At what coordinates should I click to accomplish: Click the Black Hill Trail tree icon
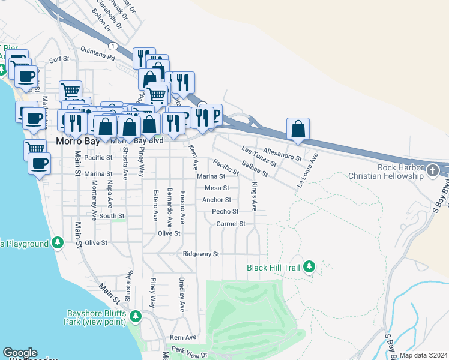tap(309, 266)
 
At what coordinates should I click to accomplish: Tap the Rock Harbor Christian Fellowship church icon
tap(432, 172)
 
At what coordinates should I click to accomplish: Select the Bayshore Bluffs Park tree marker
tap(135, 316)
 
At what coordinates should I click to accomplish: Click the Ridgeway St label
tap(201, 254)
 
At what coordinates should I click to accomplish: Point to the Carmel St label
tap(231, 223)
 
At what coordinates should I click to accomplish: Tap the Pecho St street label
tap(225, 211)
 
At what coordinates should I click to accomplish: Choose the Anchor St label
tap(217, 200)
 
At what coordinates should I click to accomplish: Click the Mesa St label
tap(217, 188)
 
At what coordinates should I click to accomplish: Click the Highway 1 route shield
tap(112, 46)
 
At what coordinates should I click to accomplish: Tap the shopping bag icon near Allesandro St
tap(298, 128)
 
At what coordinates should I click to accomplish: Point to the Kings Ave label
tap(254, 196)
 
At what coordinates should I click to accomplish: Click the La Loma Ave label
tap(307, 170)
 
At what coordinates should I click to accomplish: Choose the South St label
tap(112, 215)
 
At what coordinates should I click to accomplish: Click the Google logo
tap(20, 353)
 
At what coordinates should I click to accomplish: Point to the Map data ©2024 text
tap(423, 355)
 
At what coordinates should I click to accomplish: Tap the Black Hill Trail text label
tap(273, 267)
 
